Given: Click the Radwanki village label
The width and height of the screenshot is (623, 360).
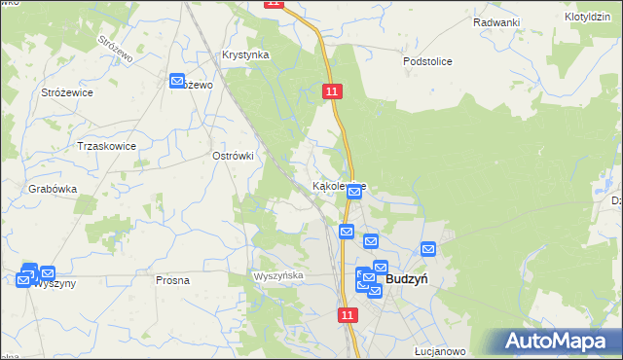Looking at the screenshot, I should coord(496,22).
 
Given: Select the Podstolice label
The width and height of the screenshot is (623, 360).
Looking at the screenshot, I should coord(428,61).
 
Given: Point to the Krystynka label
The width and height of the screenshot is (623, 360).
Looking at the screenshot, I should coord(245,55).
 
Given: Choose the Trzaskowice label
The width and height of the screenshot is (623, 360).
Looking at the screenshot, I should coord(106,146).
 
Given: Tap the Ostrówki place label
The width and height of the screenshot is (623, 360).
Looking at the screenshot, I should coord(233,156).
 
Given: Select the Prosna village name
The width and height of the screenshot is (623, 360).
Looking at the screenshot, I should coord(172,280).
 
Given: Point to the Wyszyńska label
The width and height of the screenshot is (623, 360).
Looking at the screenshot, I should coord(278,276).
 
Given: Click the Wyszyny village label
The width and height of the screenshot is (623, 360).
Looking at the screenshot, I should coord(51,285).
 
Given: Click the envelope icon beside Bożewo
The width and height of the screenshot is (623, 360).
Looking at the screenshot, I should coord(178,82).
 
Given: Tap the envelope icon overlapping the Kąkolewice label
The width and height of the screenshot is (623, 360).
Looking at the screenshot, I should coord(354,192).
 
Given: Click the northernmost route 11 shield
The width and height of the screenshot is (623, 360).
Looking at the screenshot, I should coord(274,4).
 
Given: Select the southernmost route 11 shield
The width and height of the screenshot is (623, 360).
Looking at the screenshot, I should coord(348,315).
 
